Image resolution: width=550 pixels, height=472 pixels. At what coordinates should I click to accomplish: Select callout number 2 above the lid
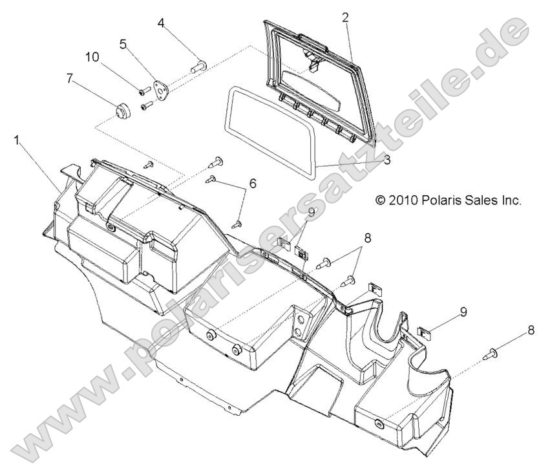coord(345,17)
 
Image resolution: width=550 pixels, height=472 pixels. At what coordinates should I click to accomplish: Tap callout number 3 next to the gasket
coord(386,160)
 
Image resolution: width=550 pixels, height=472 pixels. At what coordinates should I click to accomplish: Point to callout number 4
coord(162,24)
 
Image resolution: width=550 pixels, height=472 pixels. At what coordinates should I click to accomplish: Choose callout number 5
coord(123,45)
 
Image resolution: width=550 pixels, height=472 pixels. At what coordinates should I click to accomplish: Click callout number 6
coord(252,184)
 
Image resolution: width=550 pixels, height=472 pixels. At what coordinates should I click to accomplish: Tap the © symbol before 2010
coord(381,200)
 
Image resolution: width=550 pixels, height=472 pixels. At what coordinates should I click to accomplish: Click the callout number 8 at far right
coord(531,330)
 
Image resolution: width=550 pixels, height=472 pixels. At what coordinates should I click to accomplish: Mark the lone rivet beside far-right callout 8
coord(492,354)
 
